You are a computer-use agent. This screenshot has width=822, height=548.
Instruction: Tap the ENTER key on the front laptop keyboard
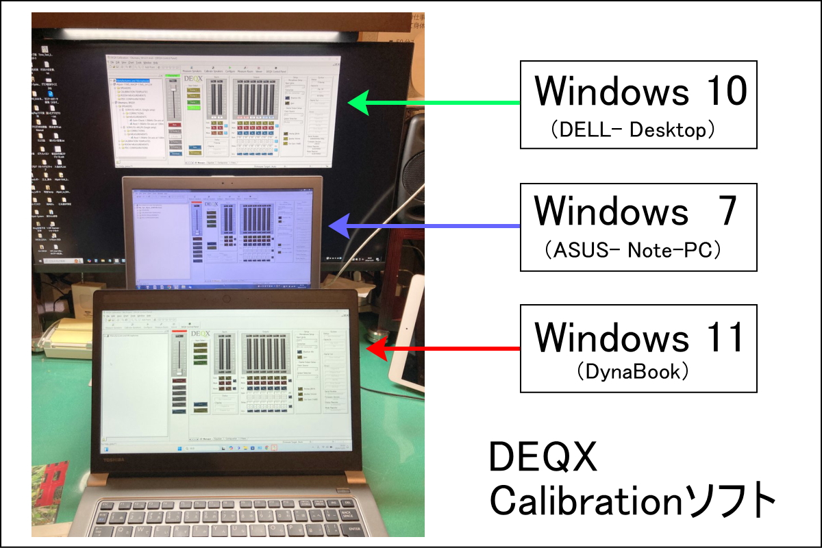point(354,530)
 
